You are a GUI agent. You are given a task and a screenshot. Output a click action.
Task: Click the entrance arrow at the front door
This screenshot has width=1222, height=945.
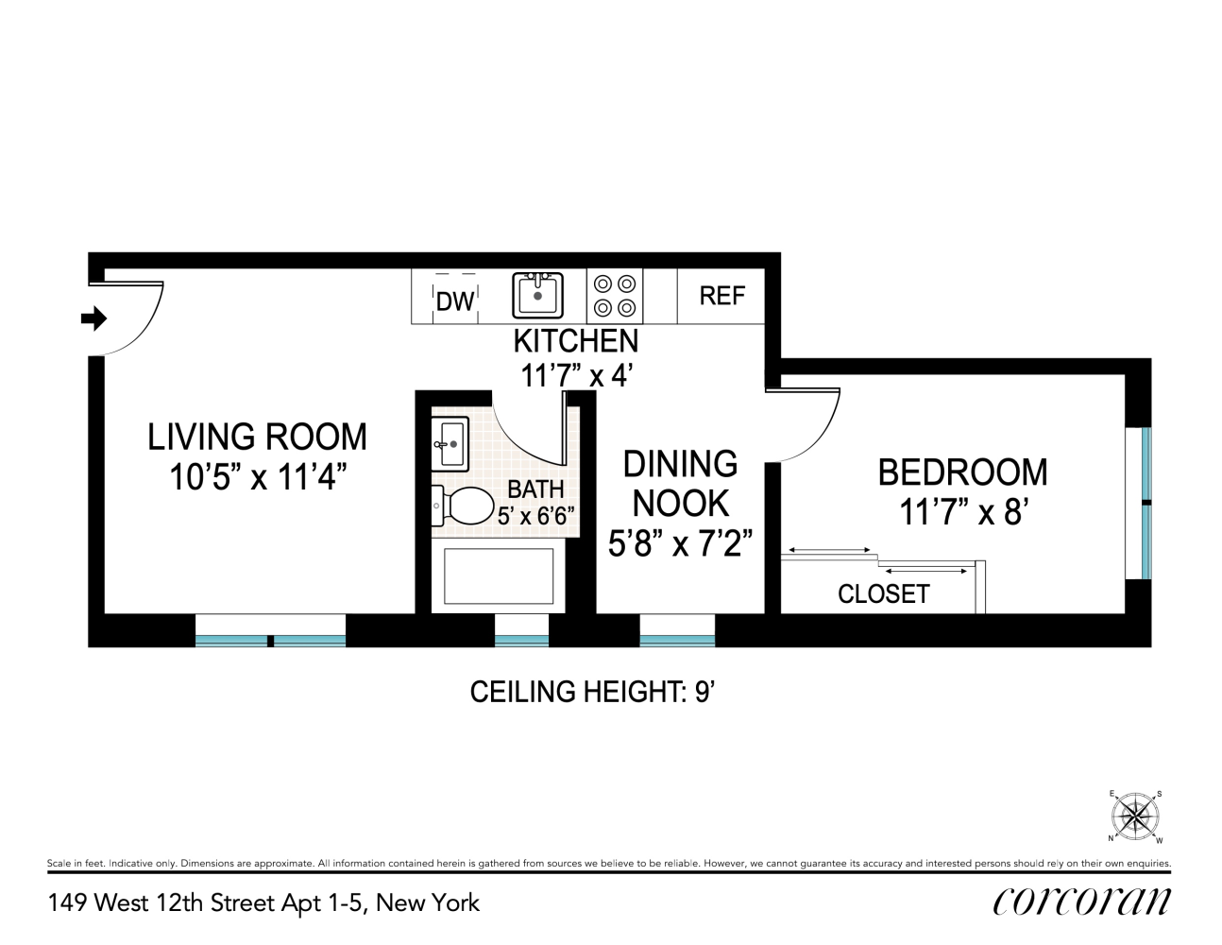pyautogui.click(x=93, y=319)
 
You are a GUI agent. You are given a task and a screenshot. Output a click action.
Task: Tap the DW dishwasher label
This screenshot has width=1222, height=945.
pyautogui.click(x=455, y=301)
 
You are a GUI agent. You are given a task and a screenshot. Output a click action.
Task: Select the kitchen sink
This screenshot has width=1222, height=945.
pyautogui.click(x=537, y=295)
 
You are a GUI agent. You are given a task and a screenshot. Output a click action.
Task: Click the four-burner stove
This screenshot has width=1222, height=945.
pyautogui.click(x=614, y=296)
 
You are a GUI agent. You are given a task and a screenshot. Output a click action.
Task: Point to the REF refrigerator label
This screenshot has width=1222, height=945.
pyautogui.click(x=721, y=296)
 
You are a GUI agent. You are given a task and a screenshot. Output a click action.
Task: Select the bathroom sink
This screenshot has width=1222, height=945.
pyautogui.click(x=450, y=442)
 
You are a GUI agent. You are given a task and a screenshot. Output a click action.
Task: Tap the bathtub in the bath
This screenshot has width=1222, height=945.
pyautogui.click(x=498, y=576)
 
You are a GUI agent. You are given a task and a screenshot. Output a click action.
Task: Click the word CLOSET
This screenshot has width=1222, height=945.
pyautogui.click(x=883, y=593)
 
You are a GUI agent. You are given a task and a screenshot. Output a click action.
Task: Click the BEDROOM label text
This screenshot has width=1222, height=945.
pyautogui.click(x=962, y=472)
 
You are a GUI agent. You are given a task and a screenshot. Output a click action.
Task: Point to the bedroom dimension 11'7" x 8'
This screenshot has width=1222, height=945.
pyautogui.click(x=962, y=512)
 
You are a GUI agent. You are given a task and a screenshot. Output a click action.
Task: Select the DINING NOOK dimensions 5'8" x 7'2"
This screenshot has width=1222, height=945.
pyautogui.click(x=680, y=543)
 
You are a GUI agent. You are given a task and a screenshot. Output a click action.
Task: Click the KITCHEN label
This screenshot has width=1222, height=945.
pyautogui.click(x=575, y=340)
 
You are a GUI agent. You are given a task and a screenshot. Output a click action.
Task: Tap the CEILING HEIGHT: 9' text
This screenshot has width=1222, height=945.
pyautogui.click(x=591, y=692)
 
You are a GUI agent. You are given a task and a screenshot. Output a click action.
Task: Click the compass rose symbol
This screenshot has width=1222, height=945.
pyautogui.click(x=1135, y=816)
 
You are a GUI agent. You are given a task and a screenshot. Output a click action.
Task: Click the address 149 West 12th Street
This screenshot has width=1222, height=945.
pyautogui.click(x=263, y=903)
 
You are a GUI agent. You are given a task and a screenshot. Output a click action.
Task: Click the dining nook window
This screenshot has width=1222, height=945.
pyautogui.click(x=677, y=630)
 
